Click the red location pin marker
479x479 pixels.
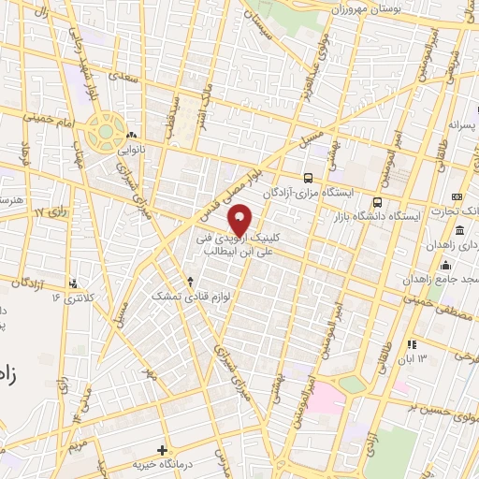(240, 221)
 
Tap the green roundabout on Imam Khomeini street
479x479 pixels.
(108, 130)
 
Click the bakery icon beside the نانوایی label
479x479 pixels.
(131, 134)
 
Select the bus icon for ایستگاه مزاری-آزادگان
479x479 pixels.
(308, 177)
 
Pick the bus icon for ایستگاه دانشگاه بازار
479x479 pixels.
(377, 202)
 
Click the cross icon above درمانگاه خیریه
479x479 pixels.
(163, 450)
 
